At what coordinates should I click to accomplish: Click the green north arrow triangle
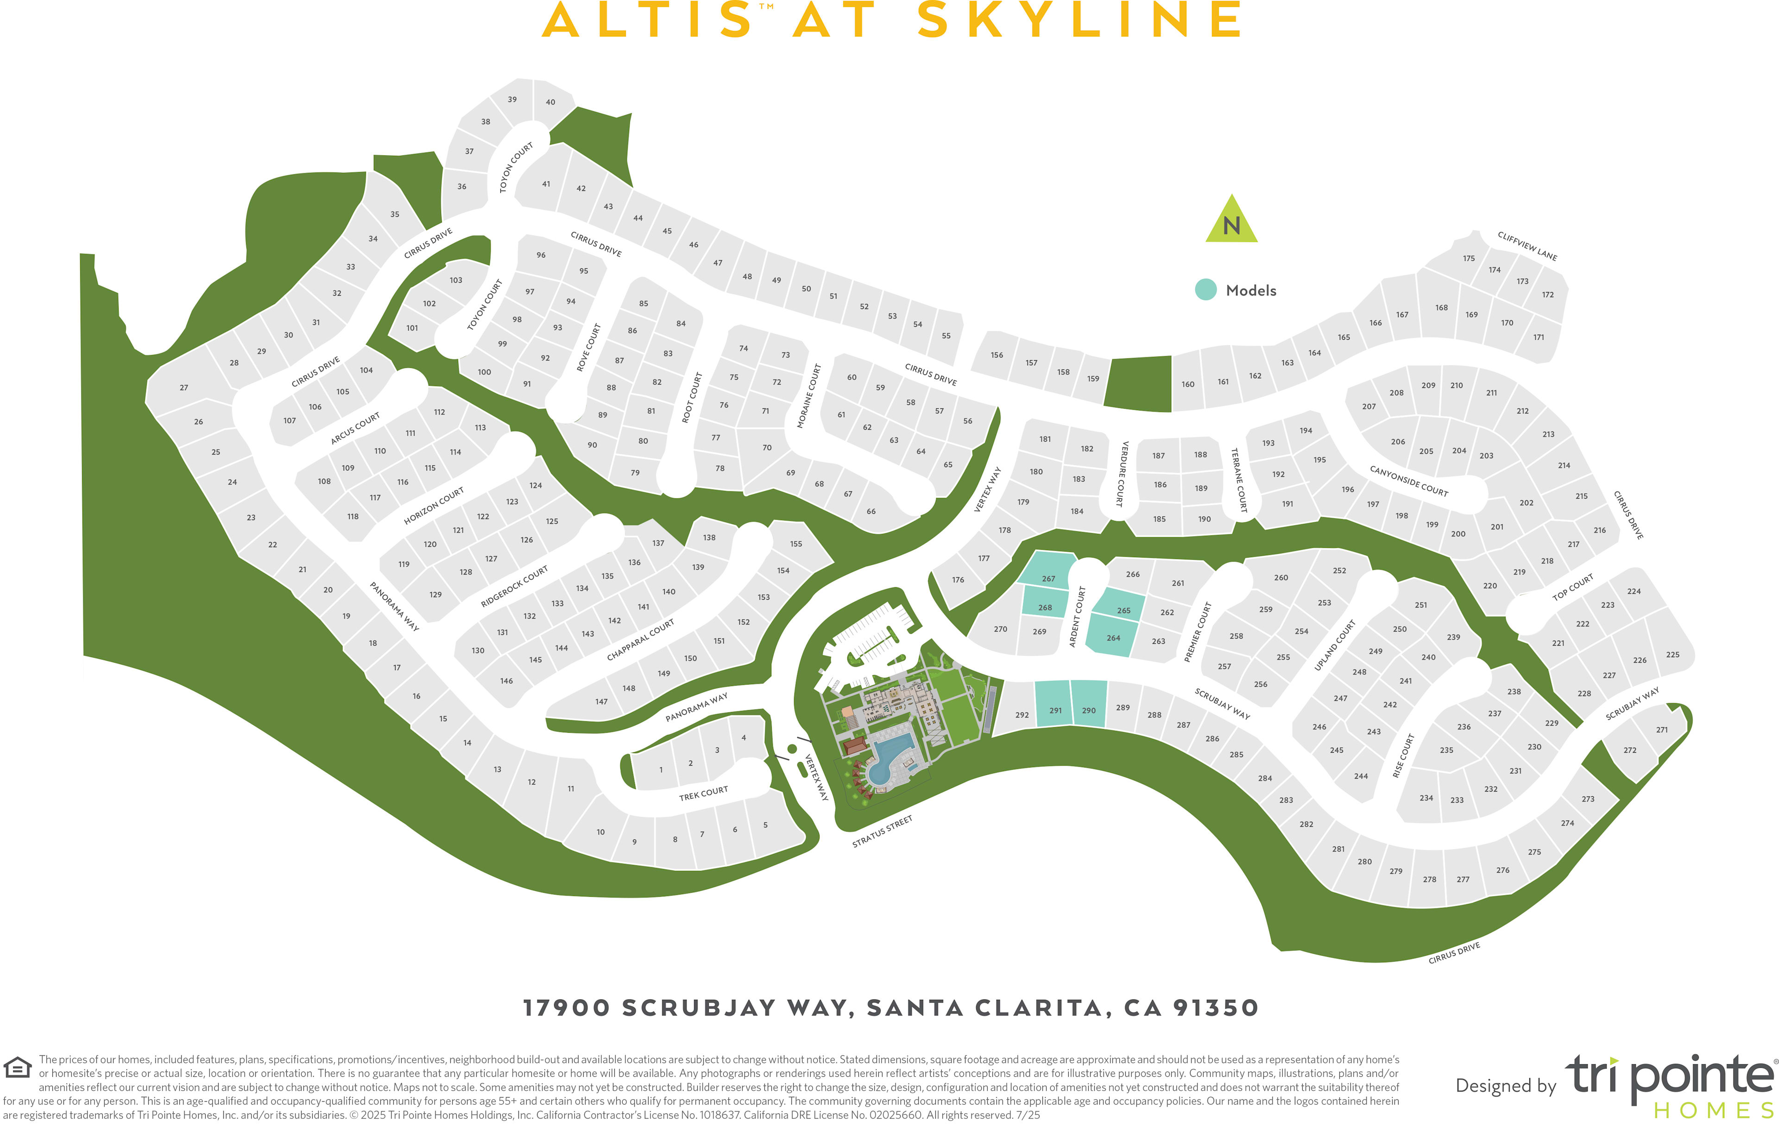coord(1231,222)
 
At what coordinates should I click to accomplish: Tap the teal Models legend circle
coord(1206,290)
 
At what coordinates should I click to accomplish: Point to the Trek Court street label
coord(703,793)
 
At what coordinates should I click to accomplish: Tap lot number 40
coord(550,102)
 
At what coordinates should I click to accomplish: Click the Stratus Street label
coord(882,832)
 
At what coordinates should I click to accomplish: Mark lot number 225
coord(1672,655)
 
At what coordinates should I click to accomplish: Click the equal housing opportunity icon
coord(17,1068)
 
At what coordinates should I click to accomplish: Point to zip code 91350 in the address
coord(1215,1008)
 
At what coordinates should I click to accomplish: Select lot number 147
coord(601,701)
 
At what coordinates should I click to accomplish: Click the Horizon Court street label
coord(434,506)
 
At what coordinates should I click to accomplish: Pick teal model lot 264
coord(1113,637)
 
